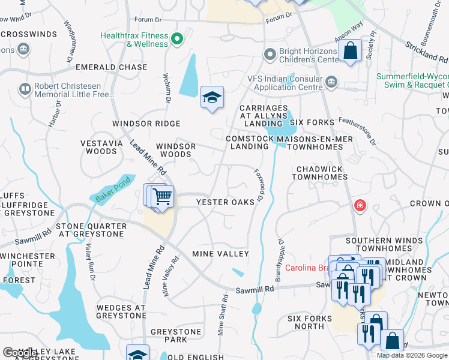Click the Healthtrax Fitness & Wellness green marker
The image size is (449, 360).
[176, 40]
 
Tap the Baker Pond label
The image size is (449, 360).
[109, 190]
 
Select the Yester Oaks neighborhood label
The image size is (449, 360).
[226, 202]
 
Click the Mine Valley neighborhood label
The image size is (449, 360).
[220, 254]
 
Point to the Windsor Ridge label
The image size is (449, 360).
[146, 124]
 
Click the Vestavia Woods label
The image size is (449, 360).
[99, 147]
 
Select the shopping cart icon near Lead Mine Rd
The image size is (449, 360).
[162, 196]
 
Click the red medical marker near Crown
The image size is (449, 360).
[360, 206]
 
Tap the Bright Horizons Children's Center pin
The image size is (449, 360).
[270, 55]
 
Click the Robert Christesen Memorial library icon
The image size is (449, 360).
[25, 90]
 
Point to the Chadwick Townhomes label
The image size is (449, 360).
[318, 173]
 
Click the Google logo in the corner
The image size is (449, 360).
[19, 353]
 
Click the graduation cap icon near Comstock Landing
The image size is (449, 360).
[211, 98]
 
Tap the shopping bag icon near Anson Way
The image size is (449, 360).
[350, 51]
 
